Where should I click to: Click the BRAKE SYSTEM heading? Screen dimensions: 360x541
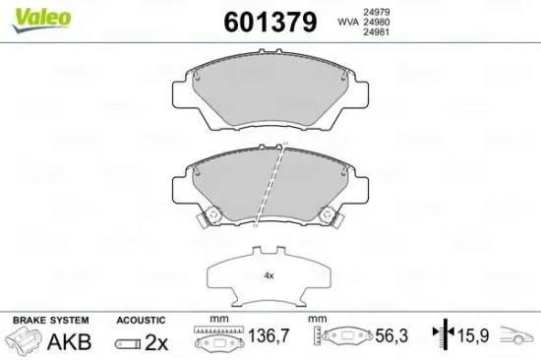49,321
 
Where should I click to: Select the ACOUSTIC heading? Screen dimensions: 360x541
140,321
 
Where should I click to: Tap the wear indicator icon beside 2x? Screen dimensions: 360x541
128,343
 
